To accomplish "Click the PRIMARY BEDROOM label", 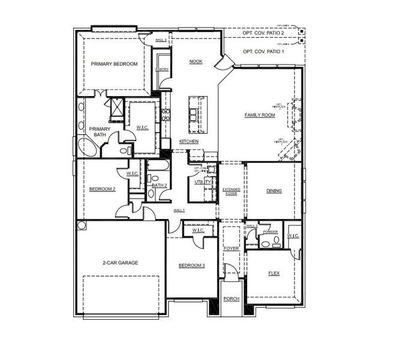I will pyautogui.click(x=114, y=64).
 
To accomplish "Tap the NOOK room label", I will pyautogui.click(x=196, y=61).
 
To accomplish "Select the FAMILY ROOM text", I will pyautogui.click(x=260, y=115).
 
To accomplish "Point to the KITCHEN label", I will pyautogui.click(x=189, y=142).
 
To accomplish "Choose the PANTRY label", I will pyautogui.click(x=161, y=70).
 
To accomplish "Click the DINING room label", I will pyautogui.click(x=274, y=191).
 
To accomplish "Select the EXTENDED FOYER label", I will pyautogui.click(x=231, y=191).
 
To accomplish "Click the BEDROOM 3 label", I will pyautogui.click(x=191, y=265).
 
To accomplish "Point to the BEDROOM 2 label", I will pyautogui.click(x=102, y=189).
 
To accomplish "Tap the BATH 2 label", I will pyautogui.click(x=159, y=185).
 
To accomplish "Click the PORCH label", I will pyautogui.click(x=231, y=299).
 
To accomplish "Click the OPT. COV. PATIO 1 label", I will pyautogui.click(x=263, y=52).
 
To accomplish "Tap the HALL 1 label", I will pyautogui.click(x=179, y=211).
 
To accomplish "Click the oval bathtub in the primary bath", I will pyautogui.click(x=80, y=146).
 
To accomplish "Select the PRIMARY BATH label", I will pyautogui.click(x=100, y=132).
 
